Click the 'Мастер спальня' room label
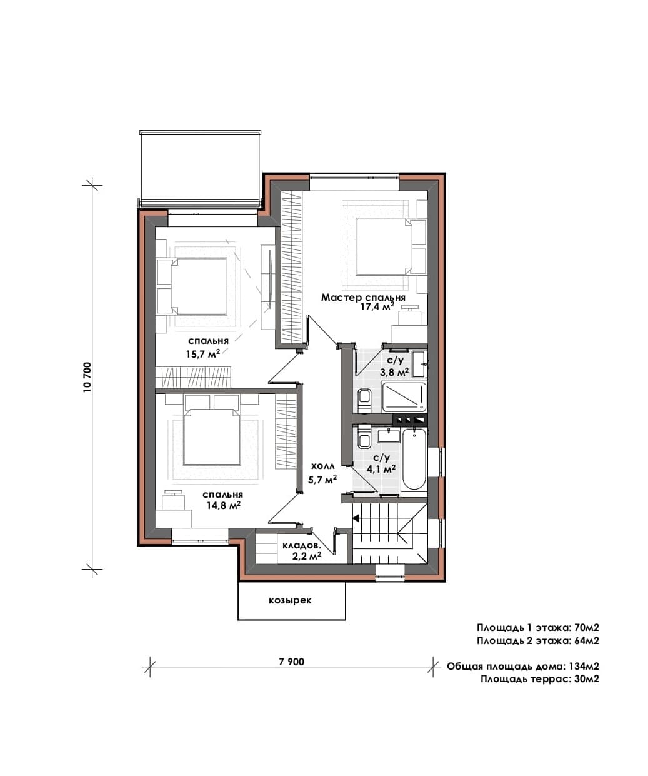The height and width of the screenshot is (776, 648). click(363, 297)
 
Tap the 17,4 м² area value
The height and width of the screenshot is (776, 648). click(377, 306)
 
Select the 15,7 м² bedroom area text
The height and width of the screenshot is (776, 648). click(203, 353)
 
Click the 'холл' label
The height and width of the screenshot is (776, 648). click(322, 466)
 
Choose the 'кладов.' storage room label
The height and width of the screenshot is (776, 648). click(301, 546)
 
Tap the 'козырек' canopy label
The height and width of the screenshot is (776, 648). click(290, 600)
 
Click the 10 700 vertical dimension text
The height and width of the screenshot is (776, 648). click(87, 377)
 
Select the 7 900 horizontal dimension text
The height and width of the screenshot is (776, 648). click(292, 662)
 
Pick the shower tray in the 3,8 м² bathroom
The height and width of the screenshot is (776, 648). click(404, 397)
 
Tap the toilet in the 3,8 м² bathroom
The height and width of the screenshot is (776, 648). click(364, 400)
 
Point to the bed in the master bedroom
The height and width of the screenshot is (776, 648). click(384, 247)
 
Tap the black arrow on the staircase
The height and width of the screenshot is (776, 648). click(356, 518)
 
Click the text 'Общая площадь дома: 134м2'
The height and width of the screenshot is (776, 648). click(523, 667)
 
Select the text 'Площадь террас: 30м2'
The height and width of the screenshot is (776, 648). click(540, 679)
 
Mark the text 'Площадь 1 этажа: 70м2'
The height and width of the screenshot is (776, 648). click(538, 628)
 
